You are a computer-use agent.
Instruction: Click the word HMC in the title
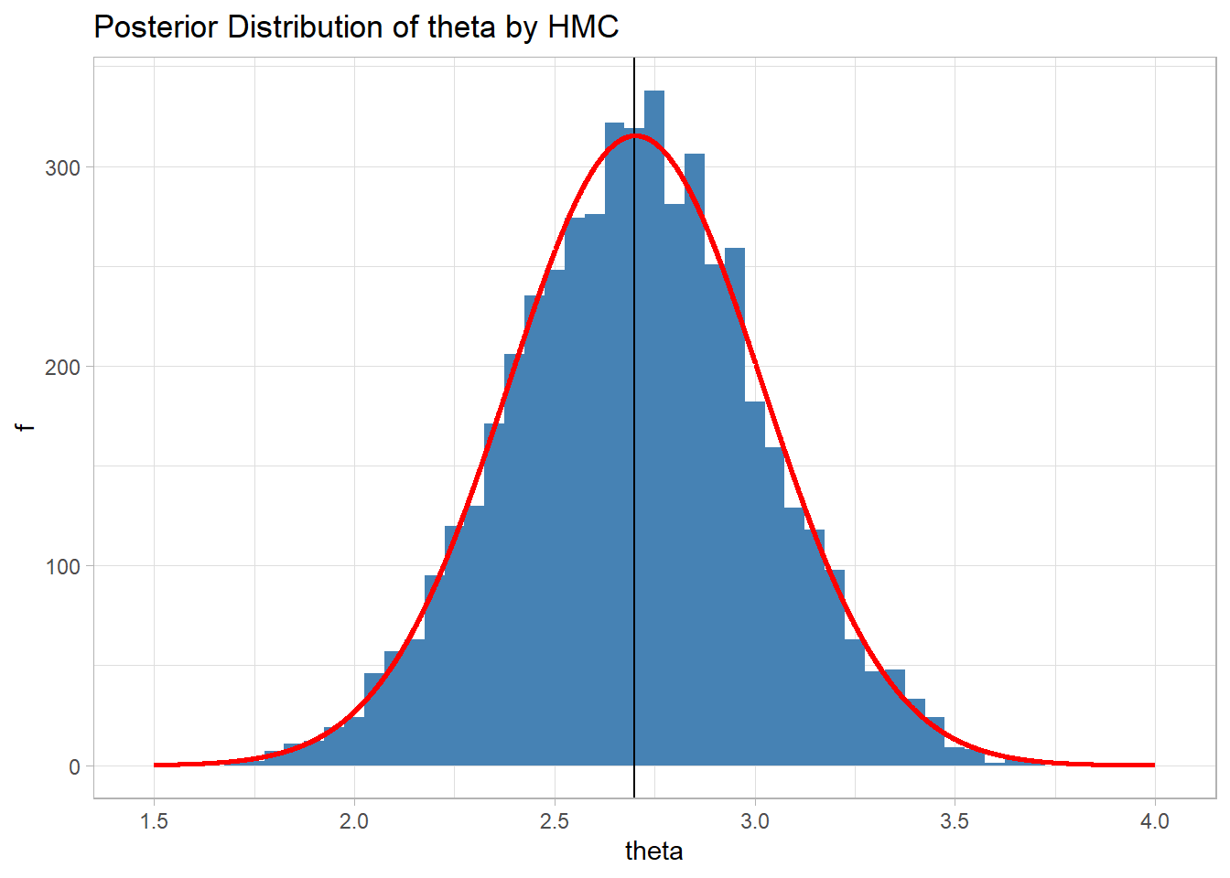pyautogui.click(x=583, y=27)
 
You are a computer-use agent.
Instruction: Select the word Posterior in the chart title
pyautogui.click(x=156, y=27)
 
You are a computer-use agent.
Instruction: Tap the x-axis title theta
pyautogui.click(x=653, y=851)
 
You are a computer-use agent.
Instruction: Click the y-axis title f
pyautogui.click(x=27, y=427)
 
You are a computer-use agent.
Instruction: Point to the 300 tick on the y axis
pyautogui.click(x=62, y=167)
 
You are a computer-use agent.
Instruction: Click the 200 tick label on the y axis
pyautogui.click(x=62, y=367)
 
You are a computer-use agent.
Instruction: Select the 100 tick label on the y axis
pyautogui.click(x=62, y=566)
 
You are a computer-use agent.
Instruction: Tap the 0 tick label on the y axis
pyautogui.click(x=74, y=766)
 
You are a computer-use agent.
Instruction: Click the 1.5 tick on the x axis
pyautogui.click(x=154, y=821)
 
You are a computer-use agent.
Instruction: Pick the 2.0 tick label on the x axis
pyautogui.click(x=354, y=821)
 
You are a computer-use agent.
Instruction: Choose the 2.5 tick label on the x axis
pyautogui.click(x=555, y=821)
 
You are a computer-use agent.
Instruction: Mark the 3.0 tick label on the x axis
pyautogui.click(x=754, y=821)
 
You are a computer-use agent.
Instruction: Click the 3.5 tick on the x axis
pyautogui.click(x=955, y=821)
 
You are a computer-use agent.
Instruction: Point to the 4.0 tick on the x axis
pyautogui.click(x=1155, y=821)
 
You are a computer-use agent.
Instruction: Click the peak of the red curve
pyautogui.click(x=635, y=135)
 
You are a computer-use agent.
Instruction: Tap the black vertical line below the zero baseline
pyautogui.click(x=634, y=782)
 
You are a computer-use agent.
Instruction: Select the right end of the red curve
pyautogui.click(x=1153, y=765)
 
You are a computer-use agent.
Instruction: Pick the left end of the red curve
pyautogui.click(x=156, y=765)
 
